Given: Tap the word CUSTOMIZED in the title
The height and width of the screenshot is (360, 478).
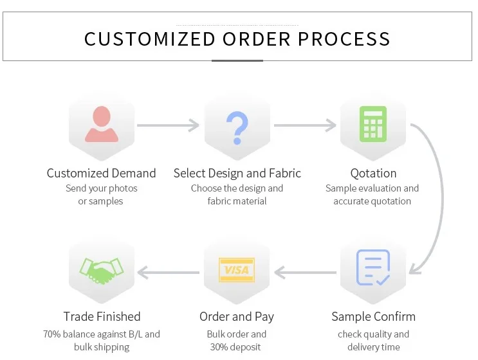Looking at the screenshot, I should [x=149, y=39].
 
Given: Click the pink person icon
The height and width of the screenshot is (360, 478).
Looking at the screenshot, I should [x=102, y=125].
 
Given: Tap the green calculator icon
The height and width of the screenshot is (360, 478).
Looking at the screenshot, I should [x=373, y=123].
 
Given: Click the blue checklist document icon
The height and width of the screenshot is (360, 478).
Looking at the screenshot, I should [x=373, y=267].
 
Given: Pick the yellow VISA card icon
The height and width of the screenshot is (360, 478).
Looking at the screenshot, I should [x=237, y=271].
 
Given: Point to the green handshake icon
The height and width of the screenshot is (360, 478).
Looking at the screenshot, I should [x=102, y=271].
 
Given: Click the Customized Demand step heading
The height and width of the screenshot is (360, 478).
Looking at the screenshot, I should [x=102, y=173].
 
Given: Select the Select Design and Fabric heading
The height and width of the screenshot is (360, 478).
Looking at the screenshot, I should [x=237, y=173].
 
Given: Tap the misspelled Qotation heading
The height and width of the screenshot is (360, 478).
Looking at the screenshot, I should [x=373, y=173].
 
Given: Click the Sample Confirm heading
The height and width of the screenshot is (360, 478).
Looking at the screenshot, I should [x=373, y=316].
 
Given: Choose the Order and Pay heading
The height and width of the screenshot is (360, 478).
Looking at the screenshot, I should [x=237, y=316].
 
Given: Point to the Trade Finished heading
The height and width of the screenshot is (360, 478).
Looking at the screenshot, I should [x=102, y=316].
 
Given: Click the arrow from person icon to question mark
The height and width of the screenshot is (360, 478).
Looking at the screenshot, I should [x=168, y=125].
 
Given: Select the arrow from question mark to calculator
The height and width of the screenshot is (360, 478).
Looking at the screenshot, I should [x=304, y=125].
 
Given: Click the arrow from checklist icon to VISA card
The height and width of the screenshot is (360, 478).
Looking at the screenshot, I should [x=304, y=273].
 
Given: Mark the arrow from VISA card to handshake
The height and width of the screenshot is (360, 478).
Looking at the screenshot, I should [x=169, y=273].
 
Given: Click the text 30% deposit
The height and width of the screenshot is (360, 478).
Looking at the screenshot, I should [x=237, y=347].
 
